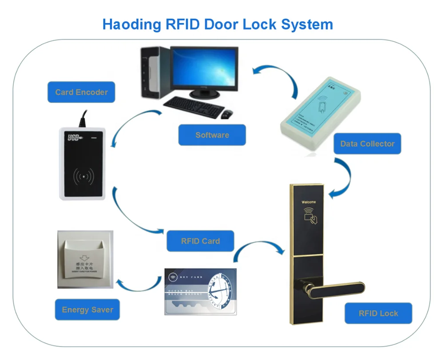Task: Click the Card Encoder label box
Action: pos(81,92)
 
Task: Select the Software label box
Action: pos(212,135)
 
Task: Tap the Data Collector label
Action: pos(367,144)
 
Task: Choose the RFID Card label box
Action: pos(200,241)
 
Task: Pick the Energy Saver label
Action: pos(87,310)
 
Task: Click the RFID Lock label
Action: pos(378,313)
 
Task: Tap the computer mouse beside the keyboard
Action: pos(226,114)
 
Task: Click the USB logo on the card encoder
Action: pos(74,138)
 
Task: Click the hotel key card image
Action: pos(200,291)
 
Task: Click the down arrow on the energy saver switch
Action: pos(83,259)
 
